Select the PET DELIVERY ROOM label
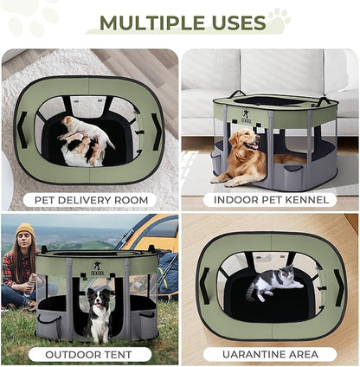(x=89, y=200)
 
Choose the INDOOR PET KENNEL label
(x=269, y=200)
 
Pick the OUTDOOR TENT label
(x=89, y=354)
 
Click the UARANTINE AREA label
(x=269, y=354)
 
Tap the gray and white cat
(x=269, y=282)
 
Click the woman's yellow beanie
(x=25, y=231)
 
